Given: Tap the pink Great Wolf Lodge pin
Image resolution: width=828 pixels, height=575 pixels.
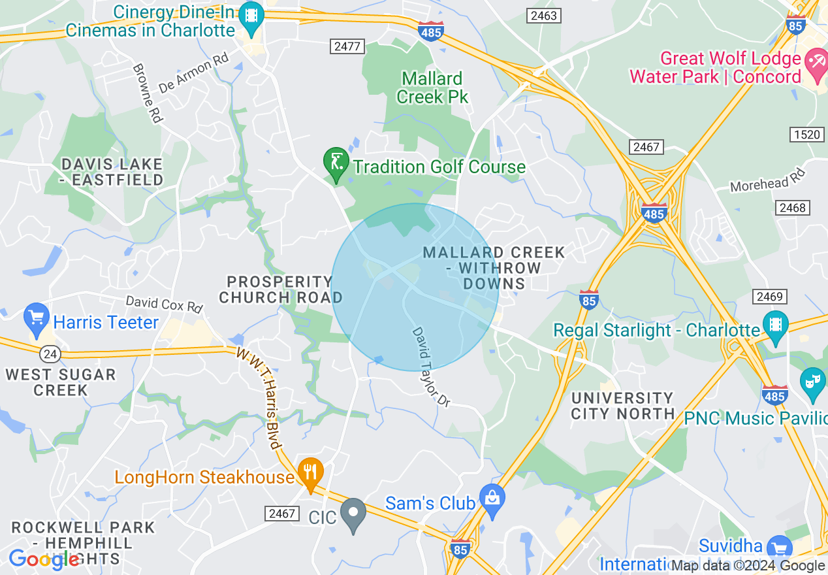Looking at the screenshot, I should coord(815,64).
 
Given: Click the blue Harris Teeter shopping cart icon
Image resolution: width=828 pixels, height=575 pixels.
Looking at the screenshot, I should coord(37,318).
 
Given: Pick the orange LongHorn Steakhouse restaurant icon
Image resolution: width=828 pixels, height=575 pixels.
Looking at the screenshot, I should coord(311,472).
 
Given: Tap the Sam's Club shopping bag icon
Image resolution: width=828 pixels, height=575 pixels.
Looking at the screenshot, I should coord(492,499).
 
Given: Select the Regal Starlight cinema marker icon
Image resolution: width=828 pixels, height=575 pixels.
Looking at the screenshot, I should coord(775,325).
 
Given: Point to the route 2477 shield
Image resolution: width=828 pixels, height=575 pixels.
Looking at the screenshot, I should coord(347,46).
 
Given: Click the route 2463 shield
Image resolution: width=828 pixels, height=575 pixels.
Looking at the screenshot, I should coord(544,15).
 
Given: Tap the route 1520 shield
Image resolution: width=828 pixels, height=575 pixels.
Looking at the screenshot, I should coord(807,135).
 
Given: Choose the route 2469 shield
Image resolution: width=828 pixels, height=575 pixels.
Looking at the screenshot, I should coord(769,297).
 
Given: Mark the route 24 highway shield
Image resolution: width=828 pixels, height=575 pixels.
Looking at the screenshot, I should coord(50,354).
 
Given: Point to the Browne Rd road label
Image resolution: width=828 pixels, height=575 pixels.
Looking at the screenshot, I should coord(147,93).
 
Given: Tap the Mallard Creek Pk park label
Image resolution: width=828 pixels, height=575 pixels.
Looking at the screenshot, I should coord(432,88).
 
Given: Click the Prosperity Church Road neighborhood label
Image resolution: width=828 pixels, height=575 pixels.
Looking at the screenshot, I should coord(280,289).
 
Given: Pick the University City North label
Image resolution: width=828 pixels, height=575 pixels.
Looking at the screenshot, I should coord(622,405).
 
